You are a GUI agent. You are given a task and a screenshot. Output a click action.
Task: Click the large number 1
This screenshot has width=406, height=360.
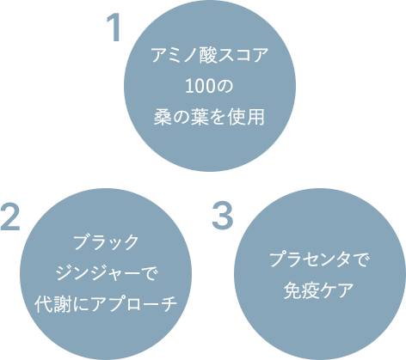point(114,28)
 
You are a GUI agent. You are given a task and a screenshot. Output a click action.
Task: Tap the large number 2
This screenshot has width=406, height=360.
point(10,217)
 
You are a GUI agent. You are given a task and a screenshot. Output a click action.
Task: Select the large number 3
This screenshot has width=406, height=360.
point(222,217)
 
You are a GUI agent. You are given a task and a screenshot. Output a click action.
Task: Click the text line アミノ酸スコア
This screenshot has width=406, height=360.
point(210,55)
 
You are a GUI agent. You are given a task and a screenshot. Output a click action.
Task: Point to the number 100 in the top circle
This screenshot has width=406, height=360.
point(199,86)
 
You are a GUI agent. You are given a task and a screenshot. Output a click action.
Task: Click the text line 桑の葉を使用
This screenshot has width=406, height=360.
point(209,117)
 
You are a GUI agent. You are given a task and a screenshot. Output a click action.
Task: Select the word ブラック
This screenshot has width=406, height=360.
point(106,242)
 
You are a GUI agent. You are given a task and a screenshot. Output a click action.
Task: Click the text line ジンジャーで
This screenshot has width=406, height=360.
point(107,273)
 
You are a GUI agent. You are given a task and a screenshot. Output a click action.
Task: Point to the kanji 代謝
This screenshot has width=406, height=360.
point(52,304)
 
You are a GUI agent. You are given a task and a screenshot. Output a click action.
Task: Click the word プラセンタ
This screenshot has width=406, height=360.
point(310,259)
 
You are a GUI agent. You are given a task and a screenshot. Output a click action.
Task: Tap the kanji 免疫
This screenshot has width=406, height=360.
point(301,290)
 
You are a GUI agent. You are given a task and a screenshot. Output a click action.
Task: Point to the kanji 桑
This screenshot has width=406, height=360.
point(163,117)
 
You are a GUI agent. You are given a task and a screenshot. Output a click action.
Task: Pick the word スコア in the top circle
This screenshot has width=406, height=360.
point(243,55)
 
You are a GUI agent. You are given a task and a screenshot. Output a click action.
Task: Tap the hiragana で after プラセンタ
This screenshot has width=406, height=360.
point(359,259)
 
